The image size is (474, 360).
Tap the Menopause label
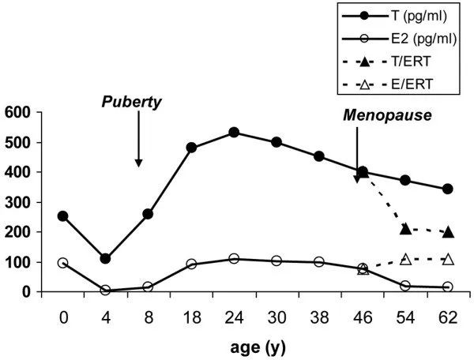[x=387, y=115]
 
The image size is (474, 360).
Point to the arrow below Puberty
[x=138, y=138]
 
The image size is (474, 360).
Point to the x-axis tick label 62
[x=448, y=315]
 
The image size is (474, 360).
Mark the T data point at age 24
[x=234, y=133]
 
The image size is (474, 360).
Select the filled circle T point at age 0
[x=62, y=216]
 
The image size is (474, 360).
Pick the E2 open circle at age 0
[x=62, y=263]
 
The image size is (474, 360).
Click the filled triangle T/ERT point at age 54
[x=405, y=229]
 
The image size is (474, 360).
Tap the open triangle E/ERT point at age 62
[x=448, y=259]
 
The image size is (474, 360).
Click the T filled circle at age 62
[x=448, y=189]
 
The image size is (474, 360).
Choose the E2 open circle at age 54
[x=405, y=286]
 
